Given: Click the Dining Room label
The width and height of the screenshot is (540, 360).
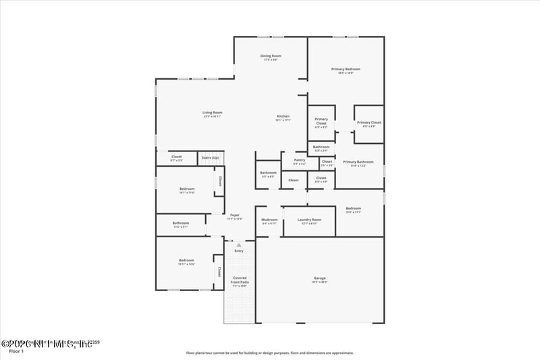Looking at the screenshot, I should tap(271, 55).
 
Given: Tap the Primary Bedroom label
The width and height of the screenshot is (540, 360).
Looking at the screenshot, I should tap(346, 69).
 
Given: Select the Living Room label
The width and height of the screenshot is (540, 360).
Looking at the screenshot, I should tap(213, 112).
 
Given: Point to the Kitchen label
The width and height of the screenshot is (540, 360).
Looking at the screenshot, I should tap(283, 116).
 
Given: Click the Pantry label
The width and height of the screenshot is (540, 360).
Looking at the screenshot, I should tap(300, 160).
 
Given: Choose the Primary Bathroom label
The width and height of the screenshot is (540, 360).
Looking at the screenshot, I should tap(358, 161).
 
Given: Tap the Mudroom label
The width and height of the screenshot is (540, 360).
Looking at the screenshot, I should tap(269, 220).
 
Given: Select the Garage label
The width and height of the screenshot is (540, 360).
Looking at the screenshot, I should tap(320, 278).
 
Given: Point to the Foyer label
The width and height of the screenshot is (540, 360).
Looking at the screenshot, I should tap(234, 215).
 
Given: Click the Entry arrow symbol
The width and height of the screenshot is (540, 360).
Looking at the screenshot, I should tap(238, 245).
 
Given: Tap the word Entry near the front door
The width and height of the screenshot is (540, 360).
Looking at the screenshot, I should tap(238, 251).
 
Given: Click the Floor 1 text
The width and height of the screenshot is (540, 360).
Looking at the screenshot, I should tap(16, 351).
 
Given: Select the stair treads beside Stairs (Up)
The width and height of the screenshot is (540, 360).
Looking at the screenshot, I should tap(218, 159).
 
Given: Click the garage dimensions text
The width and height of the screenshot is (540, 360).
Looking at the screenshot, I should tap(320, 282).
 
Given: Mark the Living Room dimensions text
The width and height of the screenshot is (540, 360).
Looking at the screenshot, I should tap(213, 117).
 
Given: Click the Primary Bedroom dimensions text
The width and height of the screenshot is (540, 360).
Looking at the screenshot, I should tap(346, 73).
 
